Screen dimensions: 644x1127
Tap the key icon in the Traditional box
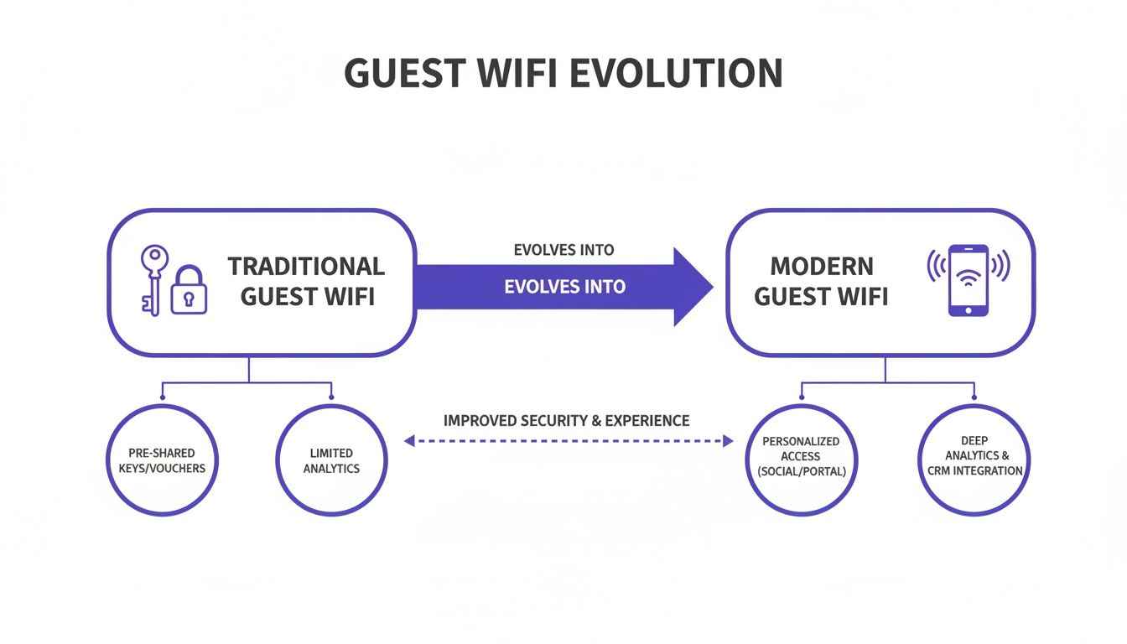153,277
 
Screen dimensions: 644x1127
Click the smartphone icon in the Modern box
968,280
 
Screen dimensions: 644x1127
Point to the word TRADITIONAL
306,267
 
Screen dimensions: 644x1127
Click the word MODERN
822,267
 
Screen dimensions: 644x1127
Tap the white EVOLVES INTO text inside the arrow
564,287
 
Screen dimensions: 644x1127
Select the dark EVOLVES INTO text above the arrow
563,250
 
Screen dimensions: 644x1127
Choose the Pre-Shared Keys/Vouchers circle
163,460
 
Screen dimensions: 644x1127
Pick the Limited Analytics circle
331,460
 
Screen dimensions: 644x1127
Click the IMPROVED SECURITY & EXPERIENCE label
566,420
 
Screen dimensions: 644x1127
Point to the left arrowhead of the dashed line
409,440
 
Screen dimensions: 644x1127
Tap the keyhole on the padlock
189,297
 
